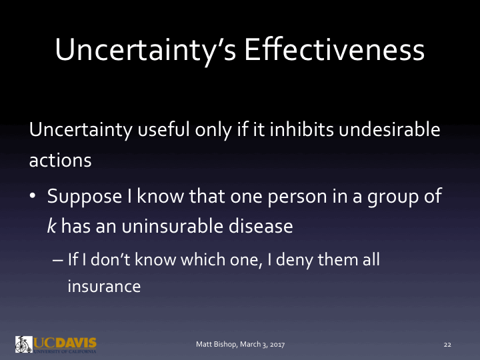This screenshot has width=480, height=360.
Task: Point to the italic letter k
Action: (x=51, y=226)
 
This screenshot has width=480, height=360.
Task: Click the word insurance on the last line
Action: (x=103, y=286)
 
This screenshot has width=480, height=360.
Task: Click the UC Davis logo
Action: (x=56, y=343)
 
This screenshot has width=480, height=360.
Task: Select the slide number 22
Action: (x=447, y=344)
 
